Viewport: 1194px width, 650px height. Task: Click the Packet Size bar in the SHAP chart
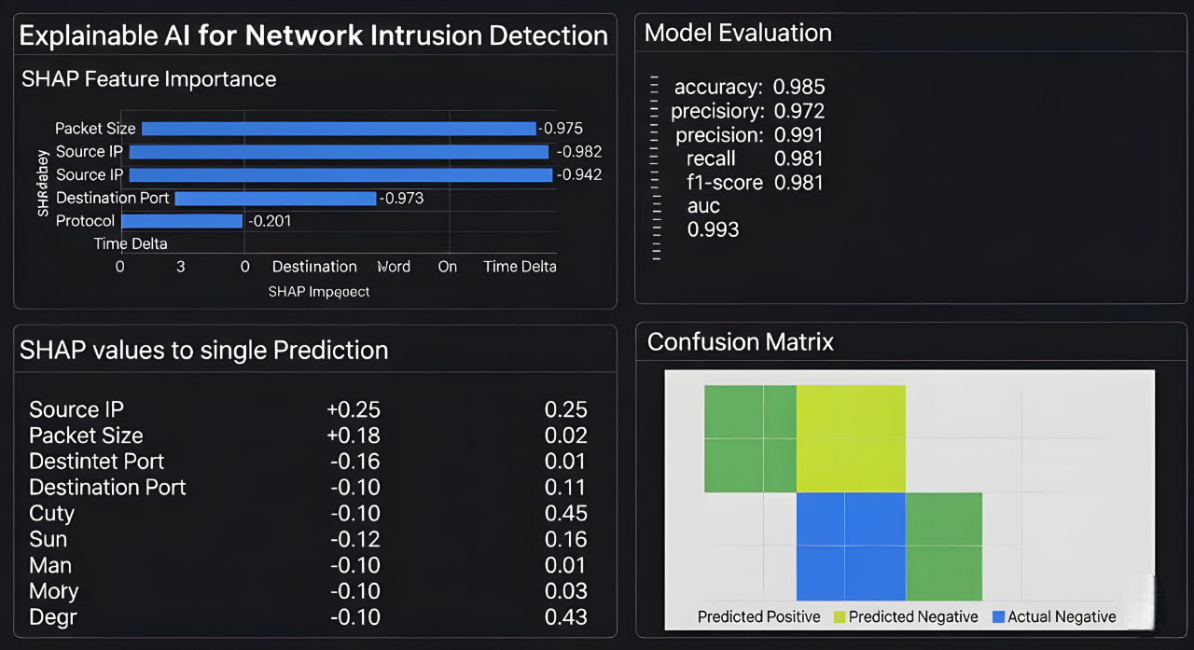coord(339,129)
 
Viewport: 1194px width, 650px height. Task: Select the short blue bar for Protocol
coord(182,221)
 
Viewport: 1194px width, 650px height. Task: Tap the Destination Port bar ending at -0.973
coord(275,198)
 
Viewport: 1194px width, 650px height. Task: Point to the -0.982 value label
coord(578,152)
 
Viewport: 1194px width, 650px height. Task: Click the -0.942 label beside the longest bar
coord(578,174)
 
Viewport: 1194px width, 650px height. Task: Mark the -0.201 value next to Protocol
coord(269,221)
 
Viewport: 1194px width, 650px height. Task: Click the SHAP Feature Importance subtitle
coord(149,79)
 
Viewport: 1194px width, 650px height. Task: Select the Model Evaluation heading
coord(738,34)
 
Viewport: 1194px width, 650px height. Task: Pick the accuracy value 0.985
coord(799,88)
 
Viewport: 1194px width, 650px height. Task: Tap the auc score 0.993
coord(714,229)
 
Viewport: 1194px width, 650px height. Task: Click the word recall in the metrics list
coord(711,159)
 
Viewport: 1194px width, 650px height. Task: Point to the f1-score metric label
coord(725,183)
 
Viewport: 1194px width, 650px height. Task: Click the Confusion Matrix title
coord(740,342)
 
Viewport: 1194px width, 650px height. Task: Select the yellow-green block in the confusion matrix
coord(851,438)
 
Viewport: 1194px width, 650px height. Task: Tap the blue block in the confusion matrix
coord(851,546)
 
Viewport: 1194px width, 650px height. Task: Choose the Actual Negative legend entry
coord(1054,616)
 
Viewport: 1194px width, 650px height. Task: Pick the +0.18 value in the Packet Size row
coord(354,436)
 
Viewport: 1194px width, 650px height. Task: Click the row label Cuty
coord(51,514)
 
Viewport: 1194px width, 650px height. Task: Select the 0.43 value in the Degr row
coord(565,617)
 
